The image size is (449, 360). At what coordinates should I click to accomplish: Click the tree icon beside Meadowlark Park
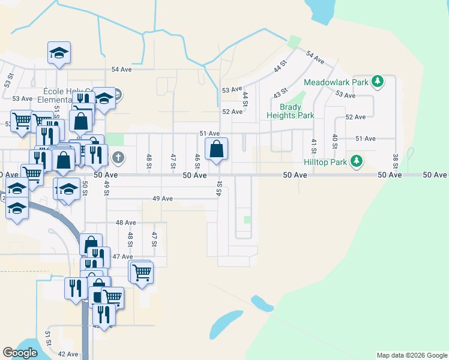[x=377, y=82]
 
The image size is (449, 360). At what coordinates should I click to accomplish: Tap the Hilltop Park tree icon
[x=357, y=161]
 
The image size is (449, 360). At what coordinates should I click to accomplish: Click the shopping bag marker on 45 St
[x=217, y=149]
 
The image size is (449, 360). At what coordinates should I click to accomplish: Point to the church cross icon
[x=118, y=158]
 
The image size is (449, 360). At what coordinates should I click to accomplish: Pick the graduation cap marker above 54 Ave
[x=59, y=53]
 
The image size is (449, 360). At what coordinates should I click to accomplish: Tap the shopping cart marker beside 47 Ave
[x=142, y=272]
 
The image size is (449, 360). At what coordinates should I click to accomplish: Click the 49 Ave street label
[x=163, y=199]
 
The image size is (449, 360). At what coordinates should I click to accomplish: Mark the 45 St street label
[x=219, y=188]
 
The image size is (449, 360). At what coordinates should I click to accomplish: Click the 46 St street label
[x=197, y=161]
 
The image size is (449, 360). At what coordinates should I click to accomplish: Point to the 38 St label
[x=396, y=161]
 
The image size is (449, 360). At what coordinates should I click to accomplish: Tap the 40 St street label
[x=334, y=142]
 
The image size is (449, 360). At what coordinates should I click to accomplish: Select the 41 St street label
[x=313, y=146]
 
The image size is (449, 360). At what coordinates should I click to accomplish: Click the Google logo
[x=20, y=353]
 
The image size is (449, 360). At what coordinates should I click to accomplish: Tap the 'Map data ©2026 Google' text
[x=412, y=355]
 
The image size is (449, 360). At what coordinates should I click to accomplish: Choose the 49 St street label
[x=106, y=187]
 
